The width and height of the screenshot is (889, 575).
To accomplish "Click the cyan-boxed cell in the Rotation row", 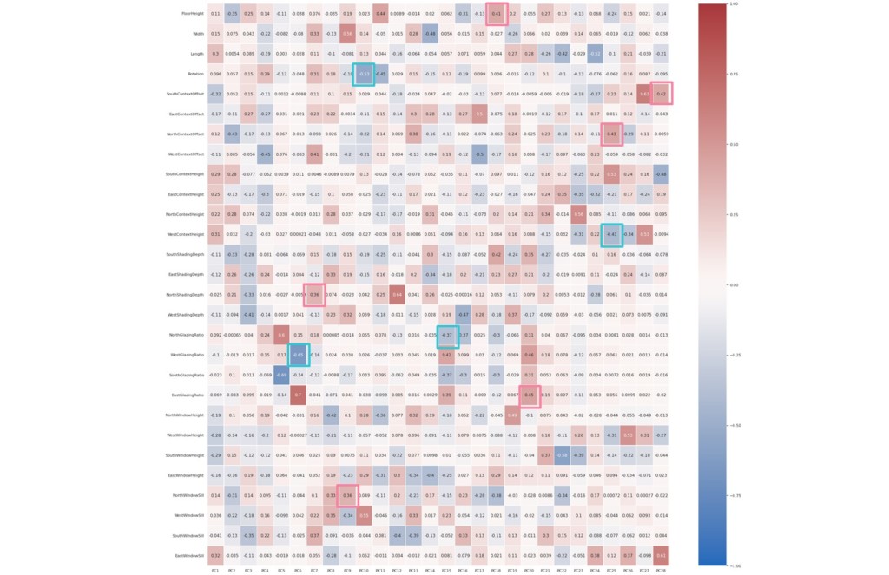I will (x=364, y=74).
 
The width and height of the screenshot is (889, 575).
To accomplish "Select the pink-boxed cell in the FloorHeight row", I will (x=496, y=14).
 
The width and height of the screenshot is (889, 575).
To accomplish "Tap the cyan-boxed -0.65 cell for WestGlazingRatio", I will (x=298, y=355).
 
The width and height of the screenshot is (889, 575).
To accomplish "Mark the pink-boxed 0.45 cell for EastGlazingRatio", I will (x=530, y=395).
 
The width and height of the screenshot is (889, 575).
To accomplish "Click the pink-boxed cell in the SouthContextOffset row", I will (x=662, y=94).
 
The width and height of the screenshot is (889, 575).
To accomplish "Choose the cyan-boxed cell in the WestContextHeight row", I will (x=612, y=234).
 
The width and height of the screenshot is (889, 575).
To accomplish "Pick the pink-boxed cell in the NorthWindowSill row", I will (x=347, y=495).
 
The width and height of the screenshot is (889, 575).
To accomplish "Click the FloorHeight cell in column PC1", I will (x=214, y=14).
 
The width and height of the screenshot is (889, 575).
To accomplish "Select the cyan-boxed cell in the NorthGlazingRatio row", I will (x=446, y=335).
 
